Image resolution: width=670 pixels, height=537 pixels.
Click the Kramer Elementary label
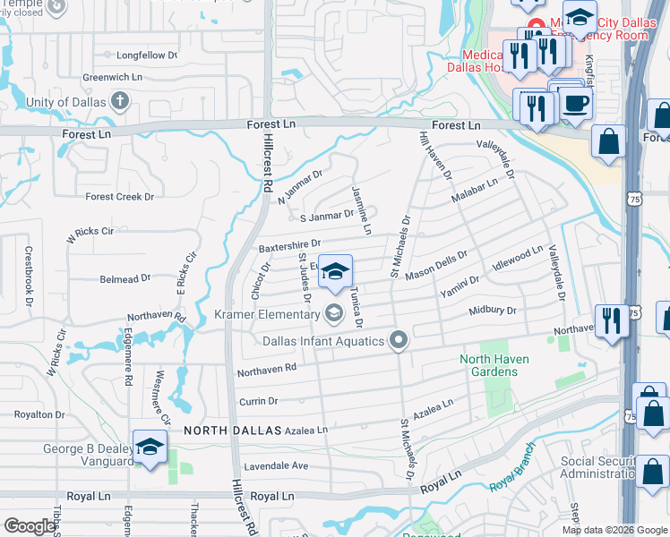point(267,314)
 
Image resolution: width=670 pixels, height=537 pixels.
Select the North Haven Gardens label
point(494,365)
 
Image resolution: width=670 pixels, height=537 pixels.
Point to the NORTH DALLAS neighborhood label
point(233,430)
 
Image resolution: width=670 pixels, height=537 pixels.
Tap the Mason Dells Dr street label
point(437,267)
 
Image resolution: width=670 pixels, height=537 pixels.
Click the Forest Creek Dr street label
point(119,197)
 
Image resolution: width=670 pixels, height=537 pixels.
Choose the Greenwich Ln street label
point(113,78)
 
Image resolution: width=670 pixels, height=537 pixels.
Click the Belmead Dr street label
point(125,279)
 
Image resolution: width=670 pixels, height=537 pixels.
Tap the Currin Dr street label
point(259,402)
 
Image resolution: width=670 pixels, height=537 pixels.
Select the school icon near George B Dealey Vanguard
point(150,447)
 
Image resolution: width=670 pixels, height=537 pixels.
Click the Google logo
point(30,526)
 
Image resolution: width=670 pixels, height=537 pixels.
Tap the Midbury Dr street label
point(493,311)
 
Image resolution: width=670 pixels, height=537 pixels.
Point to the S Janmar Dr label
point(326,216)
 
